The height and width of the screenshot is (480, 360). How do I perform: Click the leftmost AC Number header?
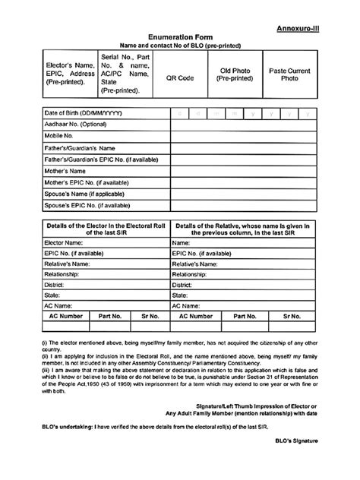[x=66, y=315]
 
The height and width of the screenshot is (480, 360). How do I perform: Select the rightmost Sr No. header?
[x=293, y=315]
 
